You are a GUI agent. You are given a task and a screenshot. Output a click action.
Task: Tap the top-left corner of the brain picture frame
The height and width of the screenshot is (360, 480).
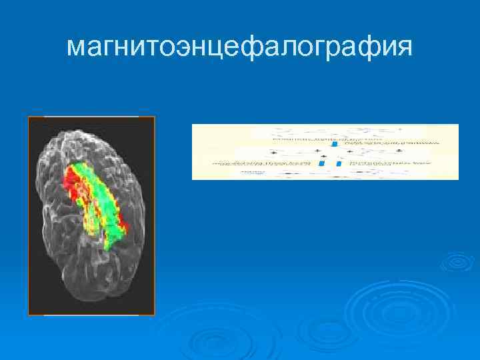(x=29, y=117)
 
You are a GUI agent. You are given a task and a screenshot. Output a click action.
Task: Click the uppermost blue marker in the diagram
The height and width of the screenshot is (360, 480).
(x=335, y=143)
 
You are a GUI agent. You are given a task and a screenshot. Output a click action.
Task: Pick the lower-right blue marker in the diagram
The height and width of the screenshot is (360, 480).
(x=339, y=163)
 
